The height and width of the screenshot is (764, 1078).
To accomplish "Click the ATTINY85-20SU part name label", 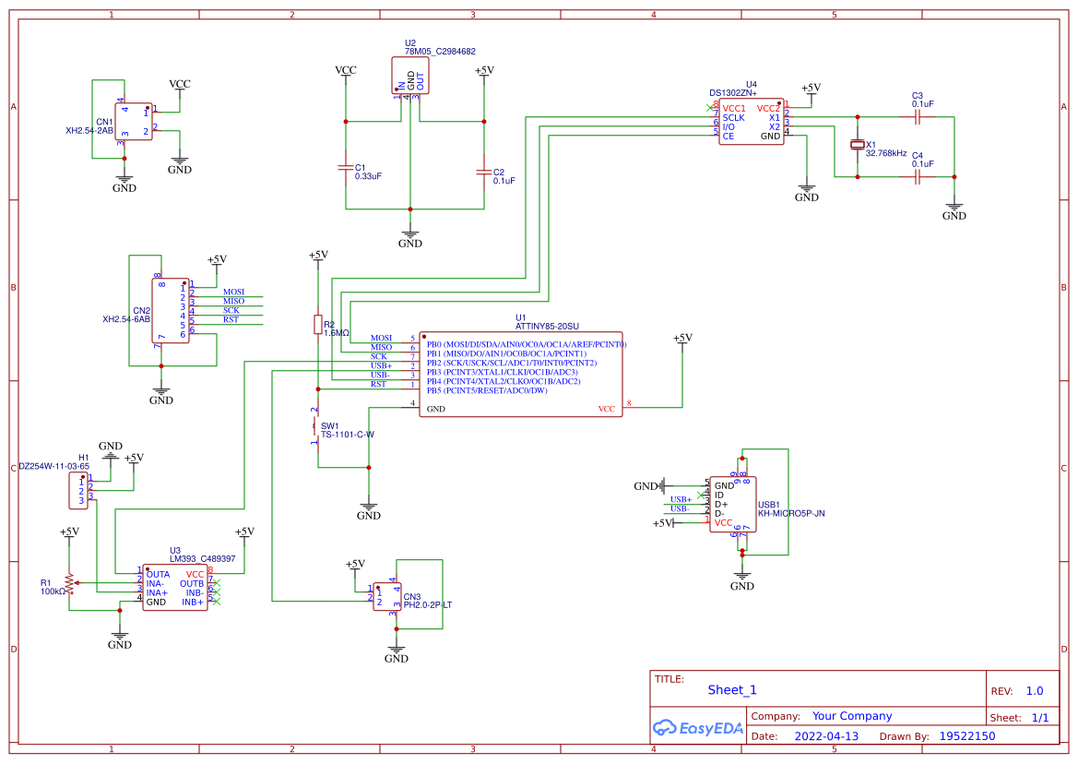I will coord(547,327).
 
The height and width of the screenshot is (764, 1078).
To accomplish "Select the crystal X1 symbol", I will coord(858,146).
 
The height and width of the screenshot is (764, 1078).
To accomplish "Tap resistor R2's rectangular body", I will coord(318,325).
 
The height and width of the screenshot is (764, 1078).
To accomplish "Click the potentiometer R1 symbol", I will coord(69,583).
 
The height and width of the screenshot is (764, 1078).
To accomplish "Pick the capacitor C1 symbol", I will coord(346,169).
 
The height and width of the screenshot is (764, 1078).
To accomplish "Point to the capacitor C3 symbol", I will coord(917,117).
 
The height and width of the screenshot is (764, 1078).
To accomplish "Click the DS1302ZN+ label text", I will coord(733,93).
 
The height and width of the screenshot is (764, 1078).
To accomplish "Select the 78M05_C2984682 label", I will coord(440,52).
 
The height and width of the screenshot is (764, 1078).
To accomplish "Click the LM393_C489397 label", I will coord(202,558).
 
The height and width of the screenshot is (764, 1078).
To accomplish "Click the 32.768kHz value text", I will coord(886,153).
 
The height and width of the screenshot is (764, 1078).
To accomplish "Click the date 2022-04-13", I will coord(826,736).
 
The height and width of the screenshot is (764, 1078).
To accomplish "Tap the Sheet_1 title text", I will coord(732,689).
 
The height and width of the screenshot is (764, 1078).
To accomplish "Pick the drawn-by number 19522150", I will coord(966,736).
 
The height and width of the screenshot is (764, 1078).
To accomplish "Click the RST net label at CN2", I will coord(231,319).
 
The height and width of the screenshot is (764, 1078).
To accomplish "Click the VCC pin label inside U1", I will coord(606,409).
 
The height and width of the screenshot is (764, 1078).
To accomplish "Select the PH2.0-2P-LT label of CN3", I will coord(428,605).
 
